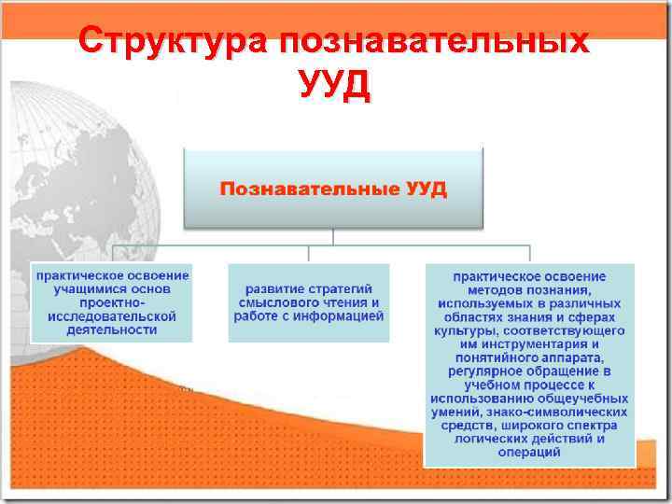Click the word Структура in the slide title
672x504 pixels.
(171, 42)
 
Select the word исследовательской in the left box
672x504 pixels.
(112, 316)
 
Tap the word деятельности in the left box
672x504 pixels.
(112, 330)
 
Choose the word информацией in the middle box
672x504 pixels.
(342, 316)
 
